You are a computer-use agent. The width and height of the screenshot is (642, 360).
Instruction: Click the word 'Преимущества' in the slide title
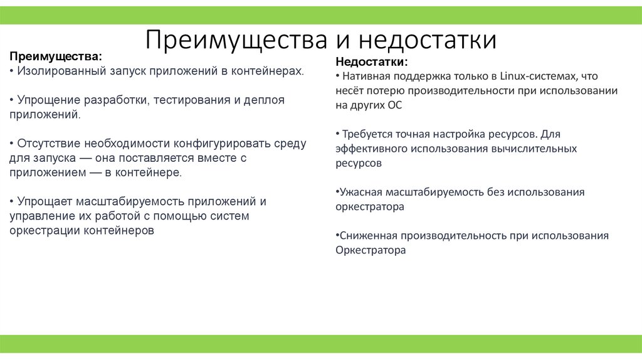[x=238, y=40]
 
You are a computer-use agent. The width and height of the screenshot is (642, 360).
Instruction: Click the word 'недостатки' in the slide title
[x=428, y=40]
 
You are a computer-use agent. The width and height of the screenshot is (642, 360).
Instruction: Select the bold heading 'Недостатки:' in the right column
[x=372, y=61]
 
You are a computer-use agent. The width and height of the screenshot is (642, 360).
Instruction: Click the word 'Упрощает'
[x=44, y=201]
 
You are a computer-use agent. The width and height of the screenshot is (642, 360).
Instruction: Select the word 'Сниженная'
[x=367, y=235]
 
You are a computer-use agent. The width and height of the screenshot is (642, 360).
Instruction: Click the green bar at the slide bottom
[x=321, y=343]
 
